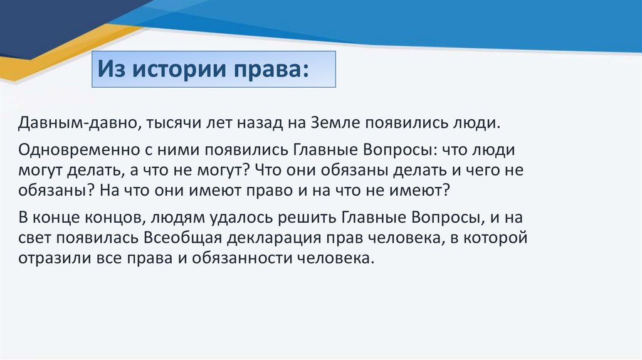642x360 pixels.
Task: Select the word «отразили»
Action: point(54,258)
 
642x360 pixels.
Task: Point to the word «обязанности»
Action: point(242,258)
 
